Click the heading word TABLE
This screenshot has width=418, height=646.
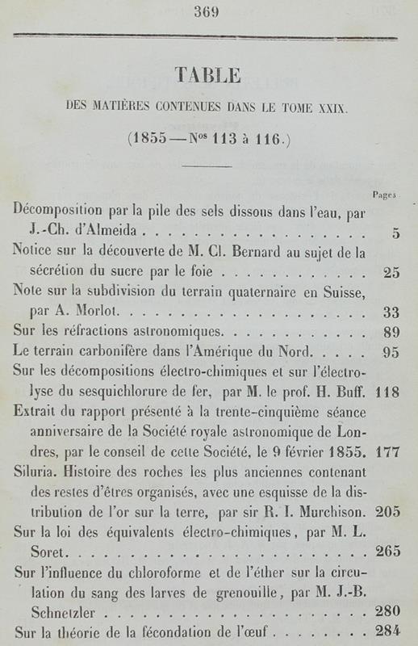[x=208, y=77]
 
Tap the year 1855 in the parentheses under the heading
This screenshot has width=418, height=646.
[x=154, y=139]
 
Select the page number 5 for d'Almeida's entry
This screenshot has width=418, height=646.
[x=395, y=234]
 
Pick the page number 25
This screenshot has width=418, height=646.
[x=391, y=272]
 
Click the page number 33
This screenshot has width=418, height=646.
[x=391, y=312]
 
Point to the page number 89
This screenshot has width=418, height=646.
[x=391, y=331]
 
